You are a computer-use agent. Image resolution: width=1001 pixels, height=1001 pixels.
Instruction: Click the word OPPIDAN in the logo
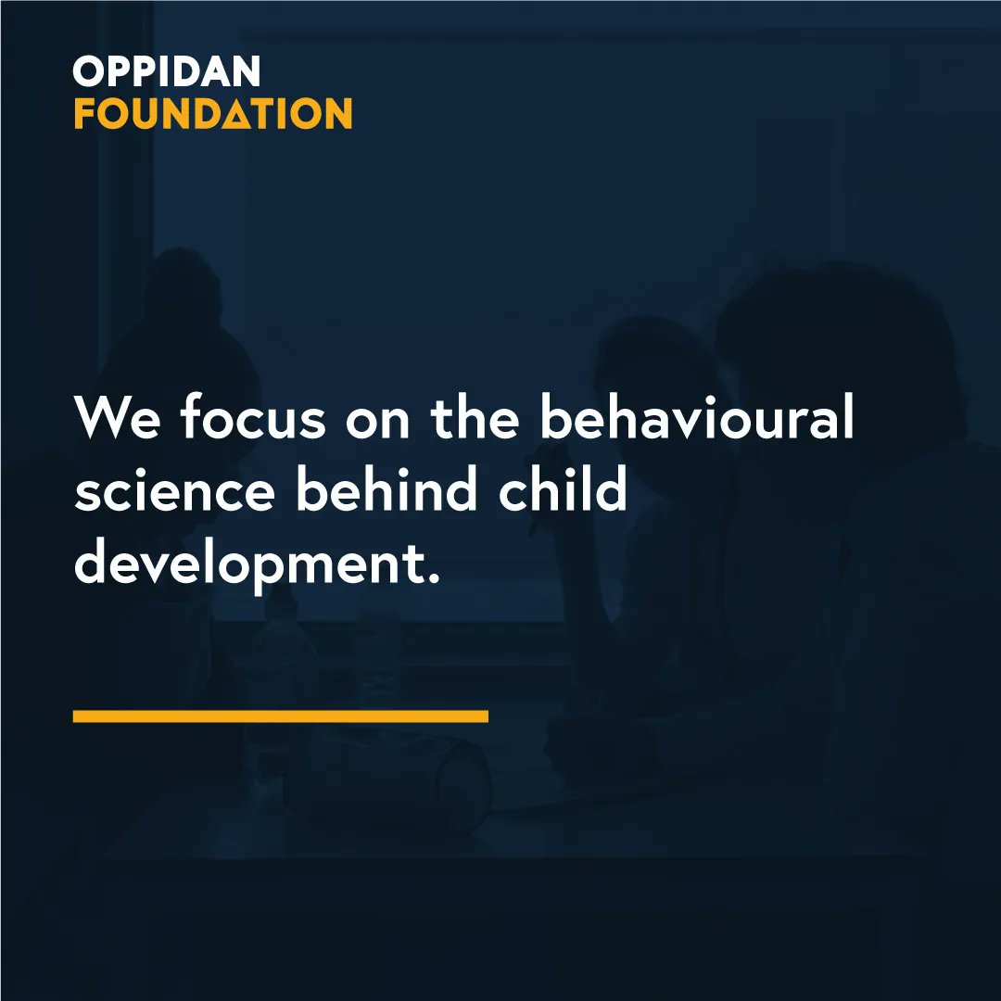tap(167, 72)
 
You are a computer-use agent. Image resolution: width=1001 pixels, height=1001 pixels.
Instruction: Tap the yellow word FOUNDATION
tap(212, 113)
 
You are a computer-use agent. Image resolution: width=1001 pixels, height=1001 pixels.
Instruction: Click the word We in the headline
tap(119, 419)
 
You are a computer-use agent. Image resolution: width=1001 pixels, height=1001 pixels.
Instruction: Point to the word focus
tap(253, 419)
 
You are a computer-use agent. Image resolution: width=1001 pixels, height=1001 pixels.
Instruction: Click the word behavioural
tap(696, 419)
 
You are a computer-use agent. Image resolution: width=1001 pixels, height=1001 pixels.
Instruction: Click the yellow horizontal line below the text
tap(280, 716)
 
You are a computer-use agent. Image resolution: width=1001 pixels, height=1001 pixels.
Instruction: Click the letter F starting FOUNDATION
tap(85, 114)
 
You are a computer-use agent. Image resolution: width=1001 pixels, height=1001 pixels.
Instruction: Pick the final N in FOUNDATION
tap(336, 114)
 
